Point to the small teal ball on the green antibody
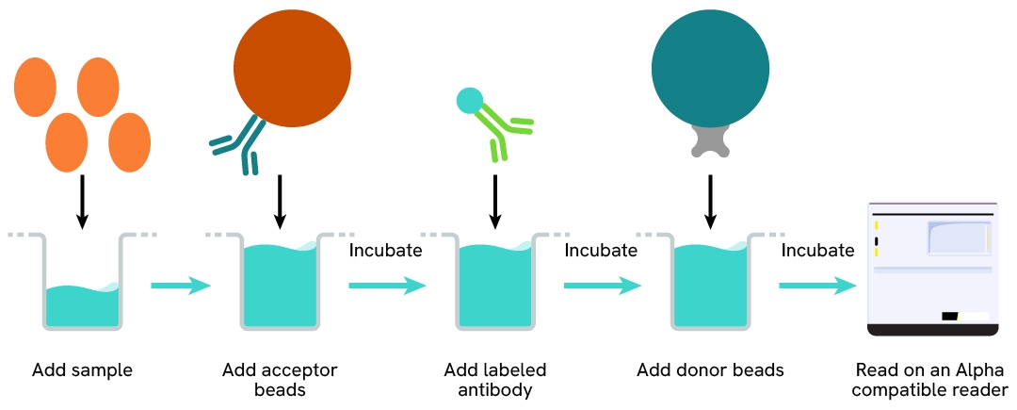[469, 99]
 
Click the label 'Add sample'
[82, 370]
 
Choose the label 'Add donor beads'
[710, 370]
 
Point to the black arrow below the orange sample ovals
[82, 201]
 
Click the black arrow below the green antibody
[495, 201]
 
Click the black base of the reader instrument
[931, 329]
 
